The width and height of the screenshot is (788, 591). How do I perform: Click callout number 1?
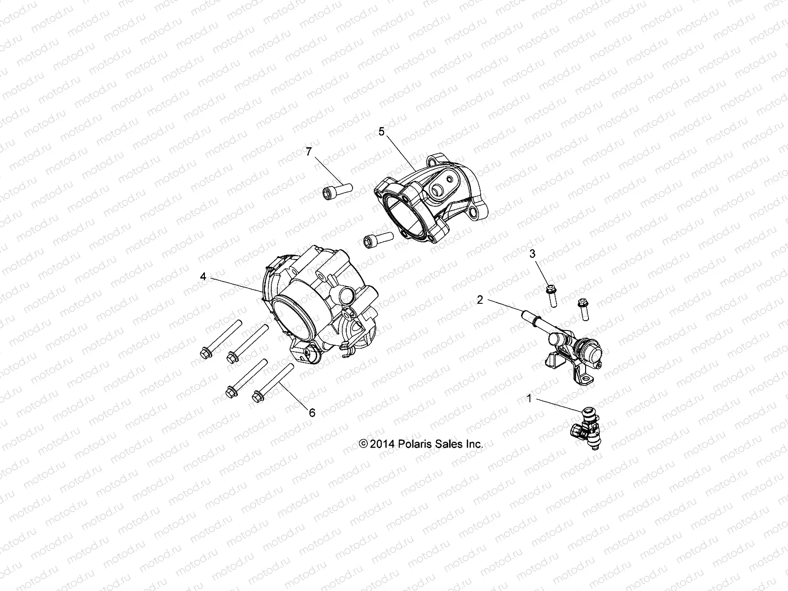tap(529, 399)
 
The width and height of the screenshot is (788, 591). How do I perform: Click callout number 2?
tap(480, 299)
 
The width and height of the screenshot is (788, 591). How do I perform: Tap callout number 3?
tap(532, 254)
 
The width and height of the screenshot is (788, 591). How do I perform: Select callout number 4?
tap(202, 277)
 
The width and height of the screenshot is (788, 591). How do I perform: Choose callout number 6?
tap(312, 413)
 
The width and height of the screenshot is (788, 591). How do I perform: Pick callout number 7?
tap(309, 152)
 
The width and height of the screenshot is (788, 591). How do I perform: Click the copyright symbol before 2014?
tap(364, 444)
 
